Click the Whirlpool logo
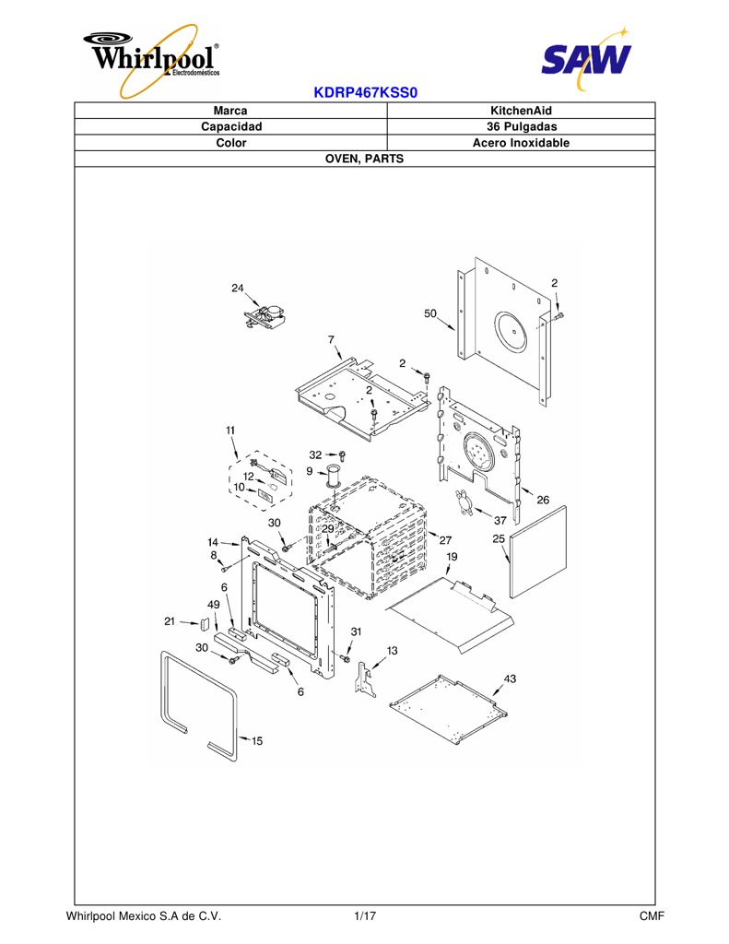tap(152, 59)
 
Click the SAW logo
tap(586, 58)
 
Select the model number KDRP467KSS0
tap(365, 93)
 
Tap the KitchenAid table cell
tap(522, 111)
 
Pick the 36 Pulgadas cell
tap(522, 127)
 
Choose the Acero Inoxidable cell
tap(522, 143)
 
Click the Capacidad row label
tap(231, 127)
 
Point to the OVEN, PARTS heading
tap(364, 159)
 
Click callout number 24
tap(238, 288)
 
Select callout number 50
tap(429, 313)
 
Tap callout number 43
tap(510, 678)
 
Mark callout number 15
tap(257, 740)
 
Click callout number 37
tap(500, 520)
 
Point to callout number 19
tap(452, 556)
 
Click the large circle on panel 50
tap(516, 332)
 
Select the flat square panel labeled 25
tap(538, 551)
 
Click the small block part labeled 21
tap(204, 622)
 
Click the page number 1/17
tap(365, 916)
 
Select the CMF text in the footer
tap(652, 916)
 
